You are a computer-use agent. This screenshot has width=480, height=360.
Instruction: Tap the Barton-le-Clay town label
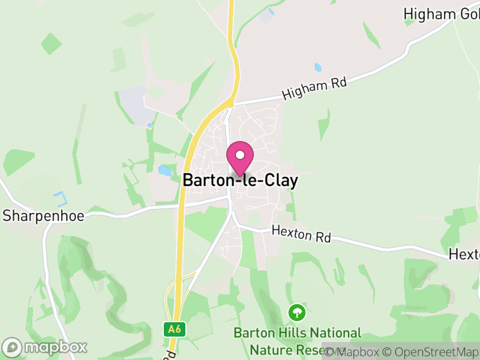click(240, 181)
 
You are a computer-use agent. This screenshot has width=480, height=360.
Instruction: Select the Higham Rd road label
click(314, 89)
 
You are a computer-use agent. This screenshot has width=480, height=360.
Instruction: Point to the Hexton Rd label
click(301, 234)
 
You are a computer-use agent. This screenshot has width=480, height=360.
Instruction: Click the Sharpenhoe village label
click(43, 216)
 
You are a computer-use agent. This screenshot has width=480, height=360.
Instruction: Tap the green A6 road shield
click(174, 329)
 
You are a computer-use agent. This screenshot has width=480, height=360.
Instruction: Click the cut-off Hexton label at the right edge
click(464, 254)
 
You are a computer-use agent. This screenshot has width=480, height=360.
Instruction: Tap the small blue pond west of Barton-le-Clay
click(164, 171)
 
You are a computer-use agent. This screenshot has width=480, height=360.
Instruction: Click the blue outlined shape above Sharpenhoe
click(59, 198)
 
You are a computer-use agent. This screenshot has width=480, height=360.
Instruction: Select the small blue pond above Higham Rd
click(317, 67)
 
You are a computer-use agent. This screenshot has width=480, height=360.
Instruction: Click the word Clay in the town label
click(278, 181)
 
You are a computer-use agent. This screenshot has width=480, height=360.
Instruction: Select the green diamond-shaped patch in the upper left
click(52, 43)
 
